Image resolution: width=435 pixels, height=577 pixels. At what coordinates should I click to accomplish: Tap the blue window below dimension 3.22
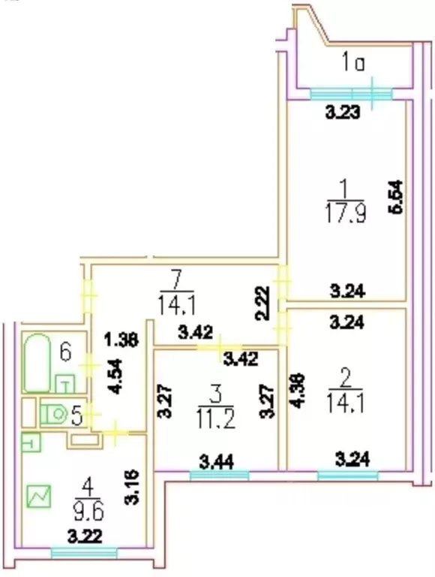point(84,553)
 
